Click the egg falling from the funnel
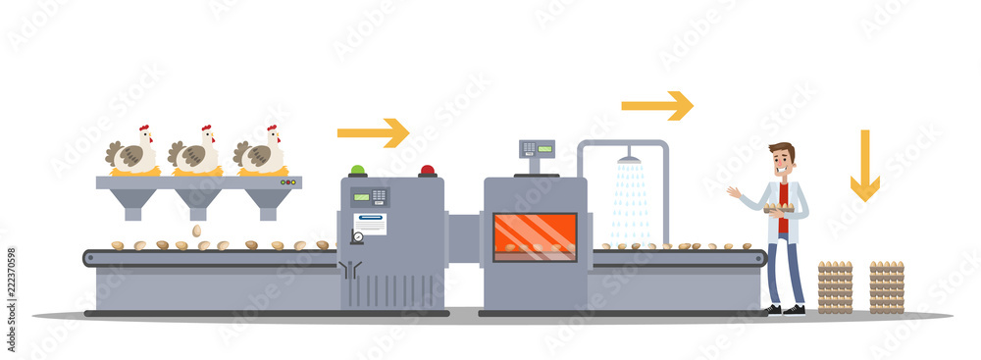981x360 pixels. click(x=196, y=231)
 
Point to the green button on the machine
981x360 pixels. click(x=358, y=171)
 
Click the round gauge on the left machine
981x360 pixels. click(x=358, y=236)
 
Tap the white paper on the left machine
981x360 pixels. click(x=370, y=224)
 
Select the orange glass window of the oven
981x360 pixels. click(x=534, y=236)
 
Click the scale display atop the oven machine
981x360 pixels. click(x=536, y=149)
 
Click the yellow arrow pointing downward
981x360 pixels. click(x=864, y=167)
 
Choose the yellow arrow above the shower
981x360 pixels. click(x=656, y=105)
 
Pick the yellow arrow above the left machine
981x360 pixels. click(x=373, y=132)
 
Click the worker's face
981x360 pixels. click(x=782, y=162)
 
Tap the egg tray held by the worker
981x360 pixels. click(x=780, y=207)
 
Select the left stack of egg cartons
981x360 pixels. click(x=835, y=286)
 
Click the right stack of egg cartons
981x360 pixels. click(x=887, y=286)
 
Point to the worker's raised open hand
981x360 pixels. click(x=733, y=192)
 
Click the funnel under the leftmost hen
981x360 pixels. click(x=133, y=202)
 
